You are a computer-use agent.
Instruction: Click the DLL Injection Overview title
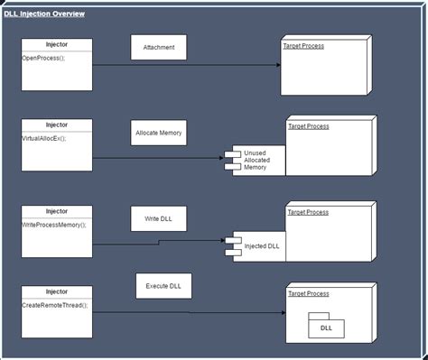tap(44, 14)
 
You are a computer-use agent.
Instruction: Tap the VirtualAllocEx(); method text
tap(43, 138)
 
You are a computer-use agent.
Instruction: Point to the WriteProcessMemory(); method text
tap(53, 224)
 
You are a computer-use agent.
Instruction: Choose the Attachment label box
tap(159, 47)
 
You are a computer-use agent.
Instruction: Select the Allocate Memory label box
tap(159, 132)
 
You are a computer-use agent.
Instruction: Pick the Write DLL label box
tap(159, 217)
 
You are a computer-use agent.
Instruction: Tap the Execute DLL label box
tap(163, 286)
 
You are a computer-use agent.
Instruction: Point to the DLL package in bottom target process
tap(325, 327)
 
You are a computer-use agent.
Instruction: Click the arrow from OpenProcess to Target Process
tap(185, 65)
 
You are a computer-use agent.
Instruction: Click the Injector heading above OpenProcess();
tap(56, 44)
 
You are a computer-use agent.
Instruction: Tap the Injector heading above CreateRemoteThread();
tap(56, 291)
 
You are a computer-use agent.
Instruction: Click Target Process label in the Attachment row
tap(304, 45)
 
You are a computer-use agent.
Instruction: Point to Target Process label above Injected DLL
tap(308, 213)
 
